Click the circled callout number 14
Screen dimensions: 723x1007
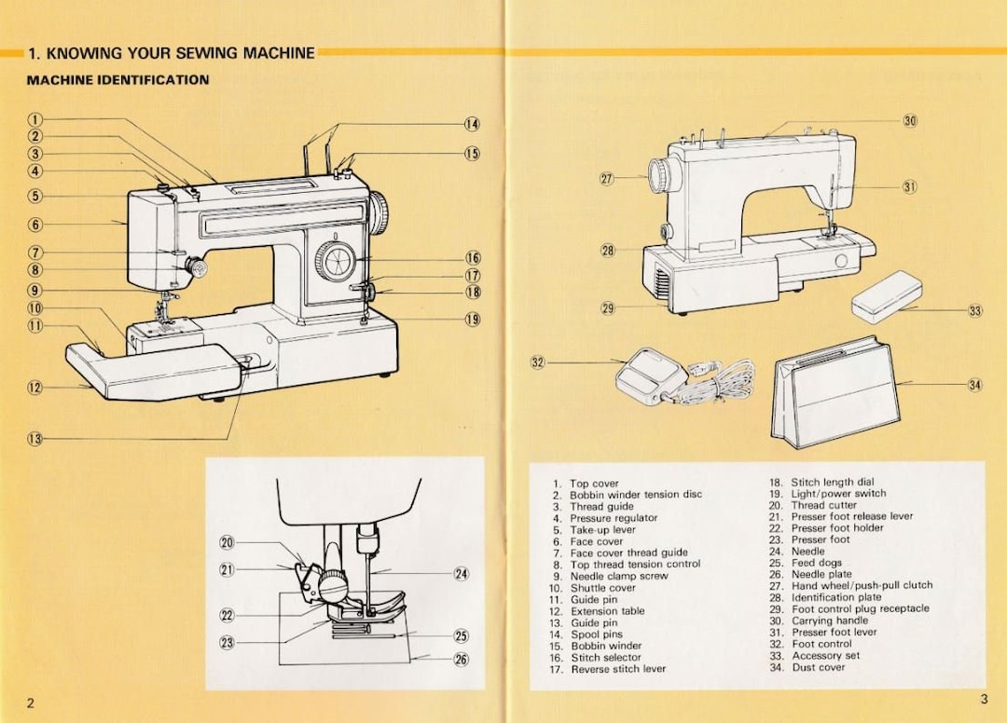pyautogui.click(x=472, y=124)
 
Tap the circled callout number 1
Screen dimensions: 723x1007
pyautogui.click(x=34, y=119)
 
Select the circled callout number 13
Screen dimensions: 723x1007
pyautogui.click(x=34, y=439)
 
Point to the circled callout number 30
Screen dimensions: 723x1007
pyautogui.click(x=910, y=121)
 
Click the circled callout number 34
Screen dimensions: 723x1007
pyautogui.click(x=975, y=384)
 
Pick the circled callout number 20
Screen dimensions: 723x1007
pyautogui.click(x=227, y=543)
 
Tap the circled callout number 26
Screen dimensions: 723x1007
pyautogui.click(x=461, y=660)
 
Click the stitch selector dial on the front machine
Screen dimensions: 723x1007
pyautogui.click(x=332, y=259)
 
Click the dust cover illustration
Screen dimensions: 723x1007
pyautogui.click(x=834, y=391)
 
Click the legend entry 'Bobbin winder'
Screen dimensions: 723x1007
pyautogui.click(x=606, y=646)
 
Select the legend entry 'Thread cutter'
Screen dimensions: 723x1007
pyautogui.click(x=823, y=505)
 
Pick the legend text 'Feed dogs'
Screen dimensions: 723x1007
pyautogui.click(x=816, y=563)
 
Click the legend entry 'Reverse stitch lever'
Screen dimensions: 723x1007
pyautogui.click(x=618, y=669)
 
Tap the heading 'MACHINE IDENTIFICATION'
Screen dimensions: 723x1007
pyautogui.click(x=118, y=80)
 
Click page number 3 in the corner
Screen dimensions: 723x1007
pyautogui.click(x=983, y=700)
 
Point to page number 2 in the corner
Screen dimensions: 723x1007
pyautogui.click(x=31, y=703)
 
